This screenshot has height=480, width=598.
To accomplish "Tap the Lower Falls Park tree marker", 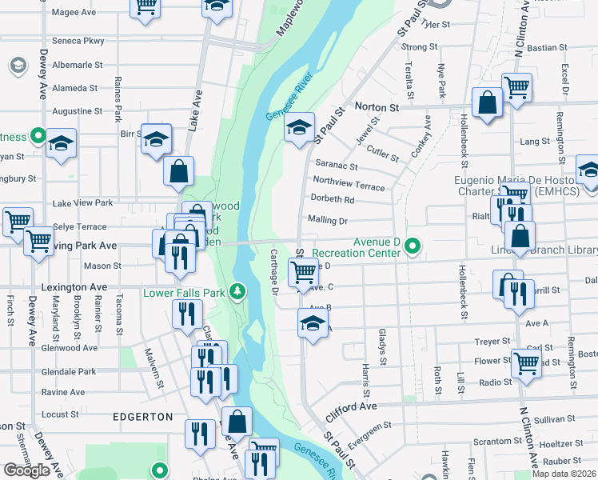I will (x=237, y=290).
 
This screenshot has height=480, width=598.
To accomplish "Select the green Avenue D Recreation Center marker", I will (x=413, y=246).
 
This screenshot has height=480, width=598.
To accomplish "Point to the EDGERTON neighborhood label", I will (x=142, y=417).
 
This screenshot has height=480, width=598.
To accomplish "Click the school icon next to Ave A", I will (x=313, y=323).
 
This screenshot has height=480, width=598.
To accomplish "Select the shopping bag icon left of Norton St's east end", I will (x=487, y=102).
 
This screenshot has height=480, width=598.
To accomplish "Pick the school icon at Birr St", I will (x=157, y=137).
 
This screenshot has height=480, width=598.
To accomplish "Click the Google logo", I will (x=26, y=470).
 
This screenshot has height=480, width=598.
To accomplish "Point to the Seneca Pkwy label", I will (x=78, y=40).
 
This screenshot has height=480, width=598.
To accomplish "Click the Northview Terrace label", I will (x=349, y=184).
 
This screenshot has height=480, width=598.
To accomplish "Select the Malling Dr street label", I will (x=329, y=220).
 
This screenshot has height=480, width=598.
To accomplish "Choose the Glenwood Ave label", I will (x=74, y=347).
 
